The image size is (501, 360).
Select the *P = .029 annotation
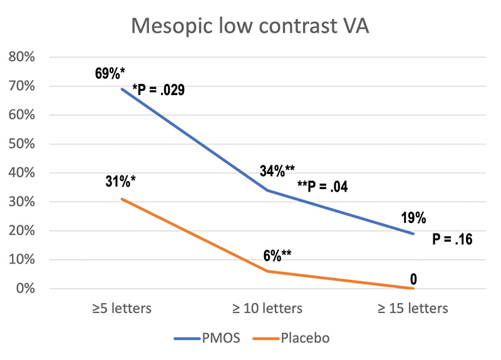[158, 91]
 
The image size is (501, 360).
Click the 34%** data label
[277, 170]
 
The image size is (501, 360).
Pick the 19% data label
[413, 218]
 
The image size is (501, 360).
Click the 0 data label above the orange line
[414, 279]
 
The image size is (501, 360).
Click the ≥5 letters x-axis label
[121, 309]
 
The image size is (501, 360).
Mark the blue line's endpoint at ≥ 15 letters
[414, 234]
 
